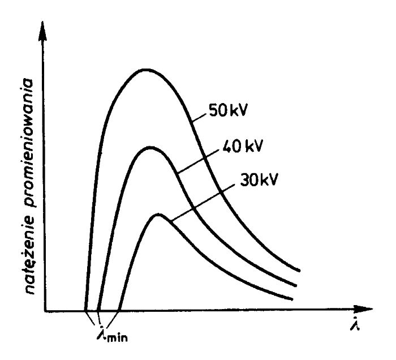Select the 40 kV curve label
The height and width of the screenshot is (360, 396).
(247, 151)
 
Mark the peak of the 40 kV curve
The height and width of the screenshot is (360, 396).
(150, 148)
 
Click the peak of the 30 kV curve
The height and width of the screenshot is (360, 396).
(159, 215)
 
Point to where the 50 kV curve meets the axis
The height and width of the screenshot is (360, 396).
(85, 310)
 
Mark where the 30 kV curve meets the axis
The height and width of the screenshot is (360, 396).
(117, 310)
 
